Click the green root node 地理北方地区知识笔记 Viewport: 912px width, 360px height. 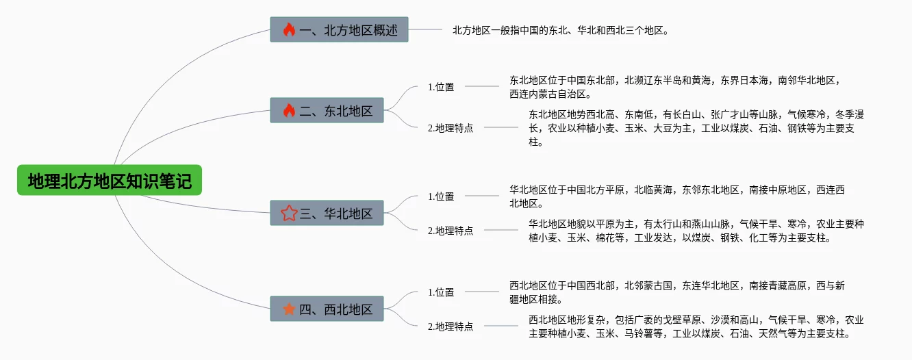[x=110, y=181]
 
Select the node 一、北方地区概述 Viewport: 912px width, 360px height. [x=339, y=29]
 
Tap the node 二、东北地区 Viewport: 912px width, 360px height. [x=327, y=110]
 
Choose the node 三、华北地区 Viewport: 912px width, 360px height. [x=327, y=213]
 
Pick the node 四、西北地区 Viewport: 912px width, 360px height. [x=327, y=309]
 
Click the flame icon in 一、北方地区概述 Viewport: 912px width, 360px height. [x=289, y=29]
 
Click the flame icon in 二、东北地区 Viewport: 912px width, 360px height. [x=289, y=110]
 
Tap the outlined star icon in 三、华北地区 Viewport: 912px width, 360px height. [x=289, y=213]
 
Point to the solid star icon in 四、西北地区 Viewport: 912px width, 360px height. [x=289, y=309]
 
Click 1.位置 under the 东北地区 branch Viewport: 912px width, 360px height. [x=441, y=87]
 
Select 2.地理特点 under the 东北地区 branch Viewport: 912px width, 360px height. [x=451, y=128]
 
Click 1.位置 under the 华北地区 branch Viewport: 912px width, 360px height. [x=441, y=196]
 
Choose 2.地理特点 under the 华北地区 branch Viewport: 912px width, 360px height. [x=451, y=231]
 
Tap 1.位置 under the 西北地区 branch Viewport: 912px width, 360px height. [x=441, y=292]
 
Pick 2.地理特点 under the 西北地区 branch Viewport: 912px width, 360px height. [x=451, y=326]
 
